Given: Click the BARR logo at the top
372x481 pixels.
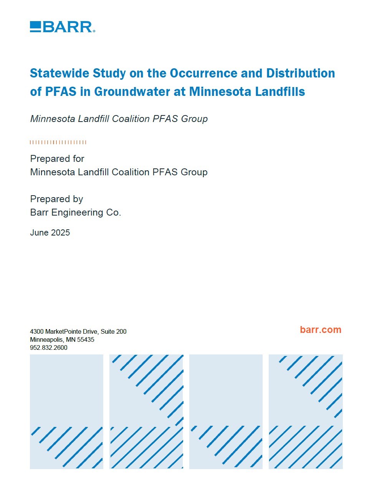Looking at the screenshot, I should (62, 27).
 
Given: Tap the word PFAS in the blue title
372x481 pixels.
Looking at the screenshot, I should (61, 92).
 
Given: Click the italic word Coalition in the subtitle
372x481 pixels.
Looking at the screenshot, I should (132, 119).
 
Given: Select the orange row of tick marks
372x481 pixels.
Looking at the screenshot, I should (58, 142).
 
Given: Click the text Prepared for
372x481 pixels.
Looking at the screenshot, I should (57, 159).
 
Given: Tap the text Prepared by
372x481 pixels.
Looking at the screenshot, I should (56, 199).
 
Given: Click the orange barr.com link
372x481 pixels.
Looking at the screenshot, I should (321, 330).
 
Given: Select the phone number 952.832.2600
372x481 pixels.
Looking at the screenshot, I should (49, 348).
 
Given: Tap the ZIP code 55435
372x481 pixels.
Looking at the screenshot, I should (86, 340).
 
